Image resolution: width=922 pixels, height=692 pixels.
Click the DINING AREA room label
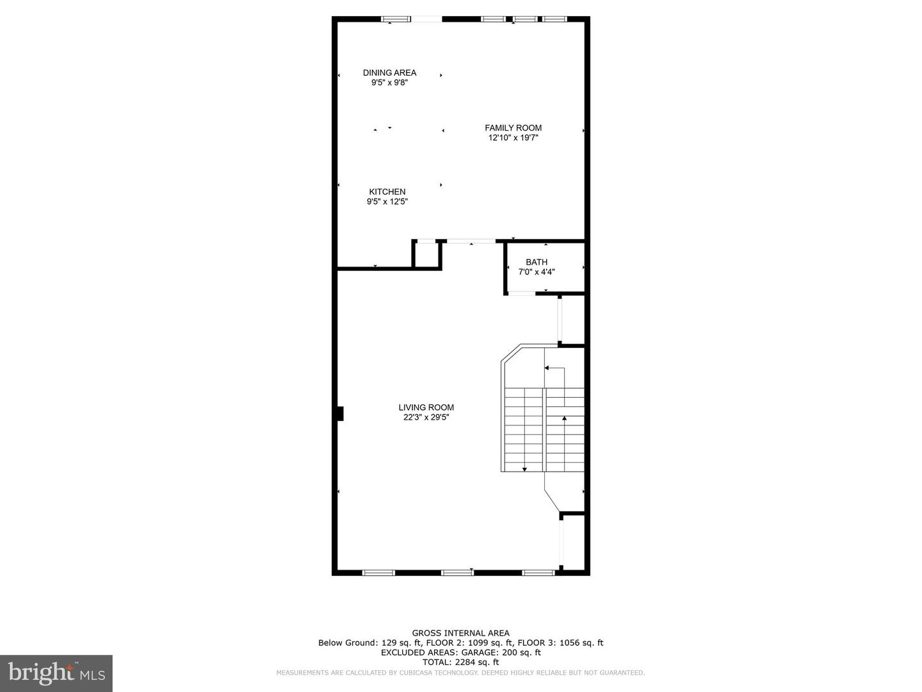tap(389, 72)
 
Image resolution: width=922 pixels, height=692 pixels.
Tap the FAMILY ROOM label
tap(513, 128)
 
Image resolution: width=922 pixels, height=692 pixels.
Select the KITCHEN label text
tap(387, 192)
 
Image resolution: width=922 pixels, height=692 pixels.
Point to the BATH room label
tap(537, 261)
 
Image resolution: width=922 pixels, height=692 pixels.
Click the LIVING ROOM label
tap(426, 407)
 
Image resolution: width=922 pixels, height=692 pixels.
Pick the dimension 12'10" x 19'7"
tap(513, 138)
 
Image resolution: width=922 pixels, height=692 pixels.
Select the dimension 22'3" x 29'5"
tap(426, 417)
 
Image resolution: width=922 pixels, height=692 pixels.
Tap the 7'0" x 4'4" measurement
tap(537, 272)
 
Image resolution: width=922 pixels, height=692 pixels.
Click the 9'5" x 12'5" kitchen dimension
tap(387, 202)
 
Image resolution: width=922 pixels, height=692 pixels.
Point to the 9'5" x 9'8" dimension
tap(389, 83)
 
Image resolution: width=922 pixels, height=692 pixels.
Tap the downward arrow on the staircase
tap(524, 469)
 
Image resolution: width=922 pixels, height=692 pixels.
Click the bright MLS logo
tap(56, 673)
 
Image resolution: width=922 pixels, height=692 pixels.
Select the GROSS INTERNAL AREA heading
tap(460, 633)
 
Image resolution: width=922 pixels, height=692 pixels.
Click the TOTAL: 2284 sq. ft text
tap(460, 662)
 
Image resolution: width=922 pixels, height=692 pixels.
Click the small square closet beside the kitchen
tap(426, 254)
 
